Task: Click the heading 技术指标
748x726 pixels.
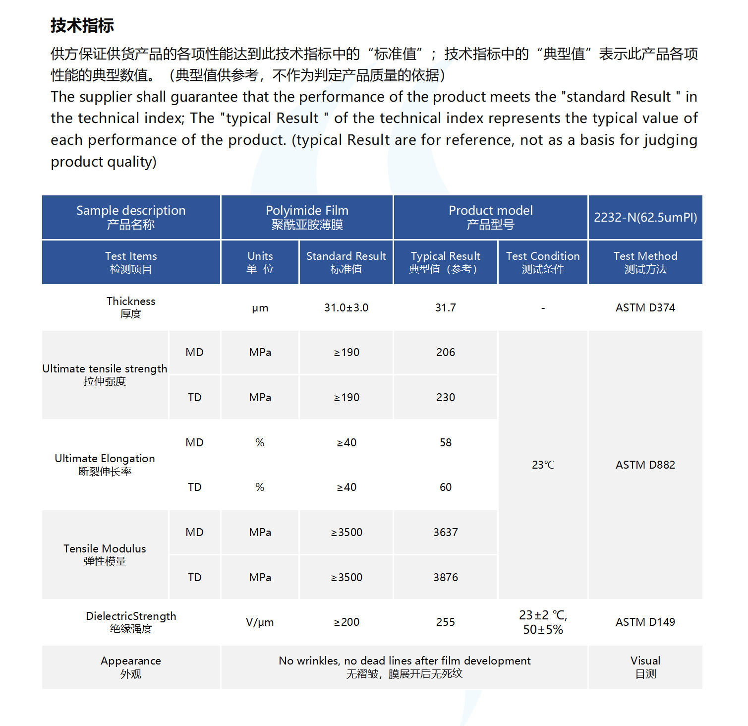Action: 82,25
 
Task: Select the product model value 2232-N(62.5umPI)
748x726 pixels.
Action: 645,217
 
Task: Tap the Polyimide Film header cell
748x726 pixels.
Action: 307,217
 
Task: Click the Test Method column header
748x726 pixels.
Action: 645,262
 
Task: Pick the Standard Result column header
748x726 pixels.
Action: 346,262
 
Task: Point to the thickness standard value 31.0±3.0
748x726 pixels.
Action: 346,307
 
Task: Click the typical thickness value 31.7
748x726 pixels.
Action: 445,307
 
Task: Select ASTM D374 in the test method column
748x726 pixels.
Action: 645,307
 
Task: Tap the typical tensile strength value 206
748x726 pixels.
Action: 445,352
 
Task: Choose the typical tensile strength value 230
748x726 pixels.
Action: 445,397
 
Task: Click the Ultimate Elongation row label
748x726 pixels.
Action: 105,464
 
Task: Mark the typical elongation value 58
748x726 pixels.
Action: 445,442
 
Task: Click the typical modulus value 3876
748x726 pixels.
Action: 445,577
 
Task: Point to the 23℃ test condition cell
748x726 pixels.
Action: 543,465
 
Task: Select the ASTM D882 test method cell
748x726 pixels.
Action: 645,465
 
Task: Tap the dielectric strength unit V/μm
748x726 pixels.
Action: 260,622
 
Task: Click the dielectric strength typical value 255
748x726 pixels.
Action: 445,622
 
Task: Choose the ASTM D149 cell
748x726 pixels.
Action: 645,622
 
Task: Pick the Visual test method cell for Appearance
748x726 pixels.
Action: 645,667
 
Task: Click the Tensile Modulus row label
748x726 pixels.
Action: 105,554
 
